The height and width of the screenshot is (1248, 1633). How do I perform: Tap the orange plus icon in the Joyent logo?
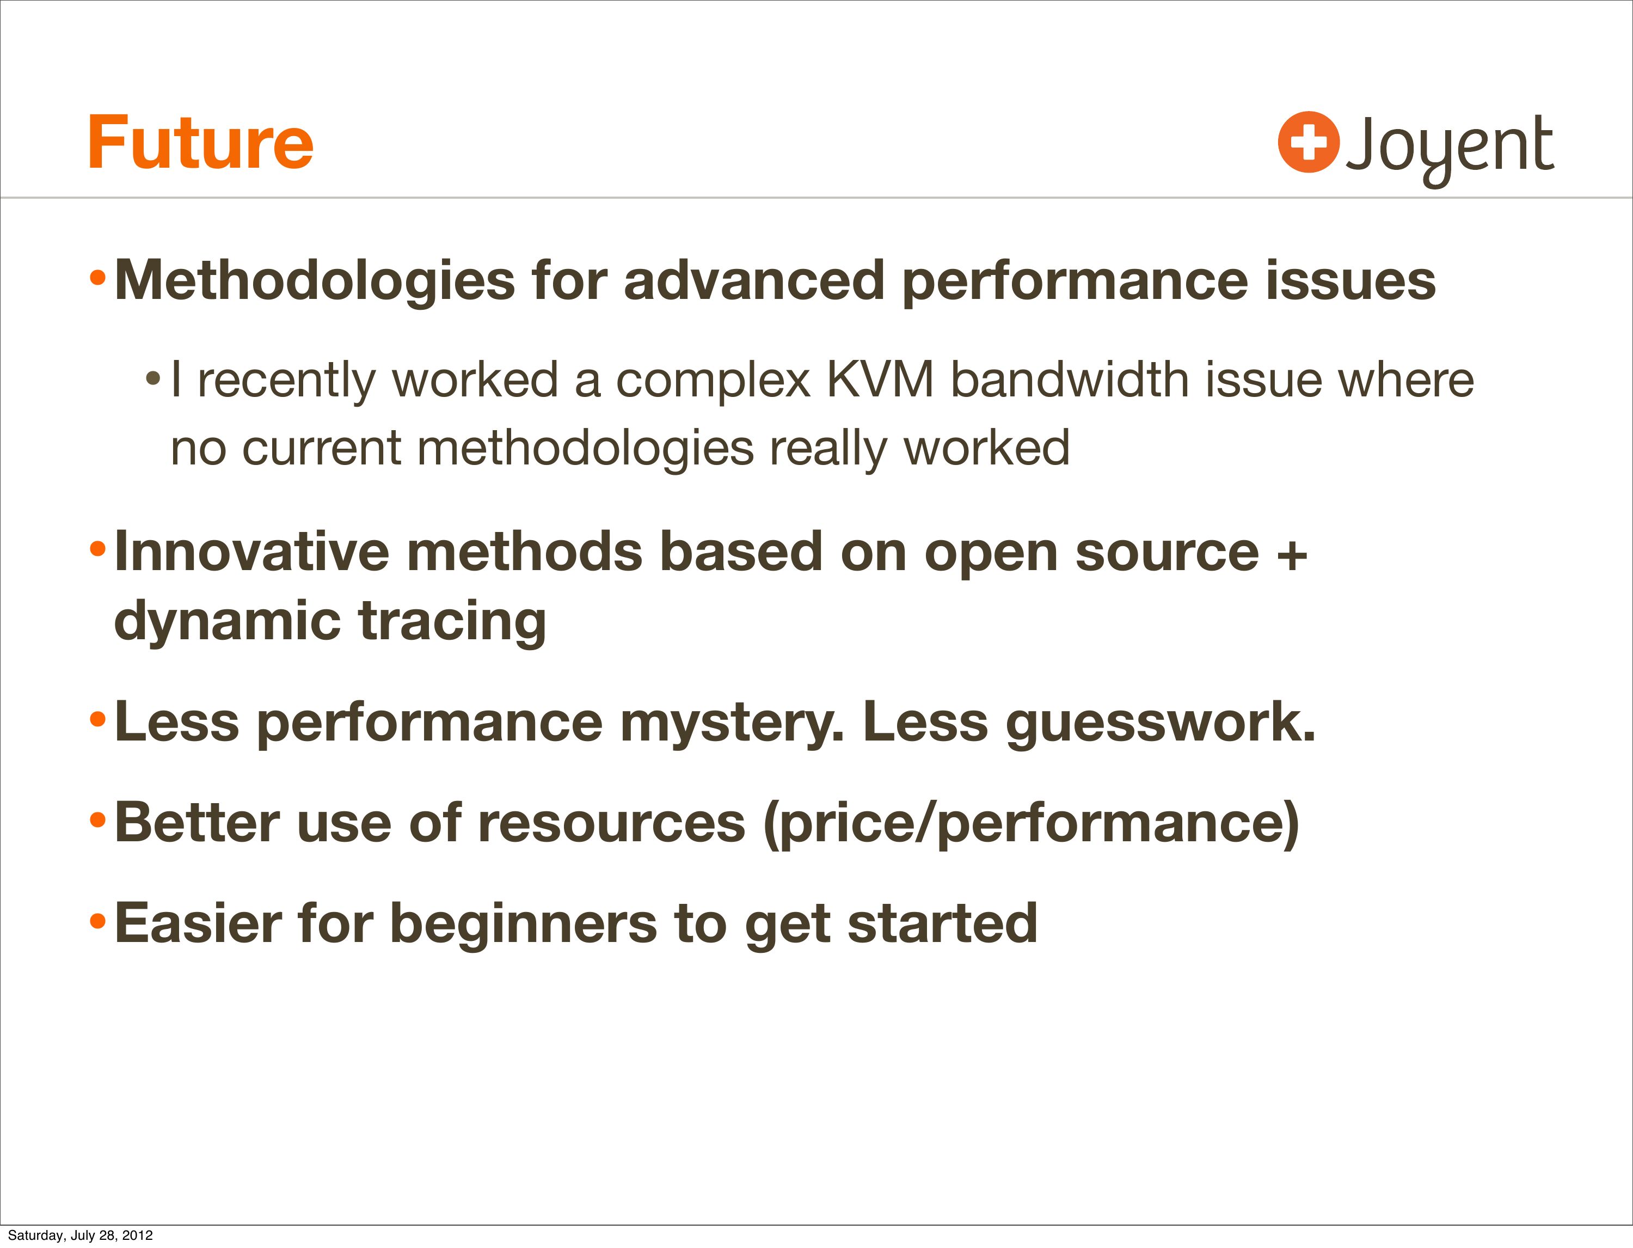click(1309, 142)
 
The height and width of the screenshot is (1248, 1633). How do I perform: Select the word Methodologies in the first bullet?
click(315, 281)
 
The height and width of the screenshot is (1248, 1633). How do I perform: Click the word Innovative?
click(251, 552)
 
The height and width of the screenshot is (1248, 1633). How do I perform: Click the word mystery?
click(732, 723)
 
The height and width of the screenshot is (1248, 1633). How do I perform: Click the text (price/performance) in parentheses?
click(1032, 824)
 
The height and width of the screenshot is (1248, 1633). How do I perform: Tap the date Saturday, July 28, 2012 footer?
click(80, 1234)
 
